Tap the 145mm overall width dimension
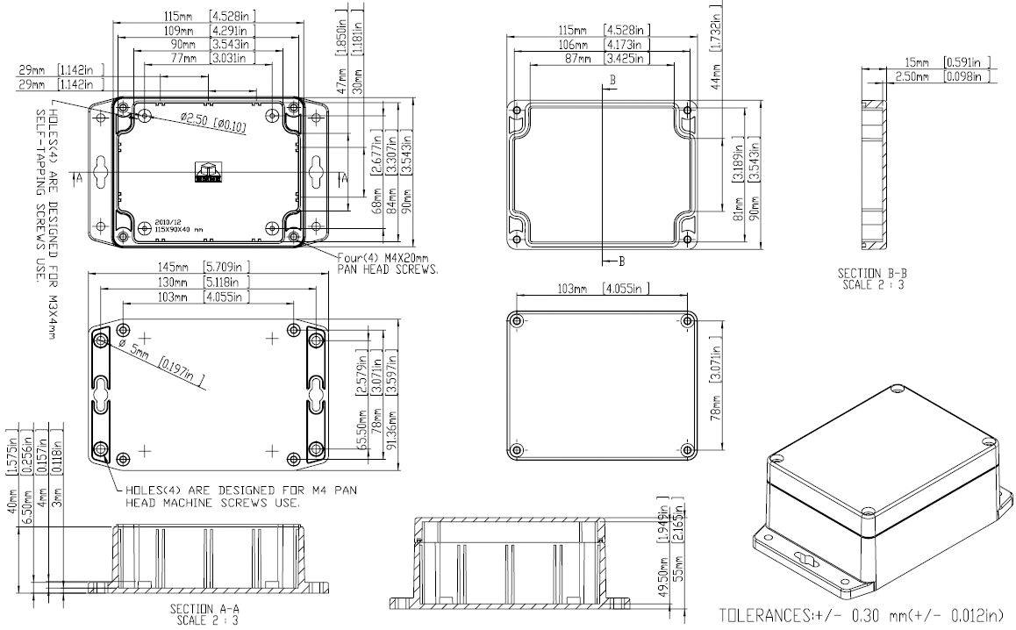[174, 267]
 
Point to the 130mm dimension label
[174, 283]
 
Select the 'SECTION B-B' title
[871, 274]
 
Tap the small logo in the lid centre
[209, 172]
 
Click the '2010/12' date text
[167, 222]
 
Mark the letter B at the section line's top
[612, 80]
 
